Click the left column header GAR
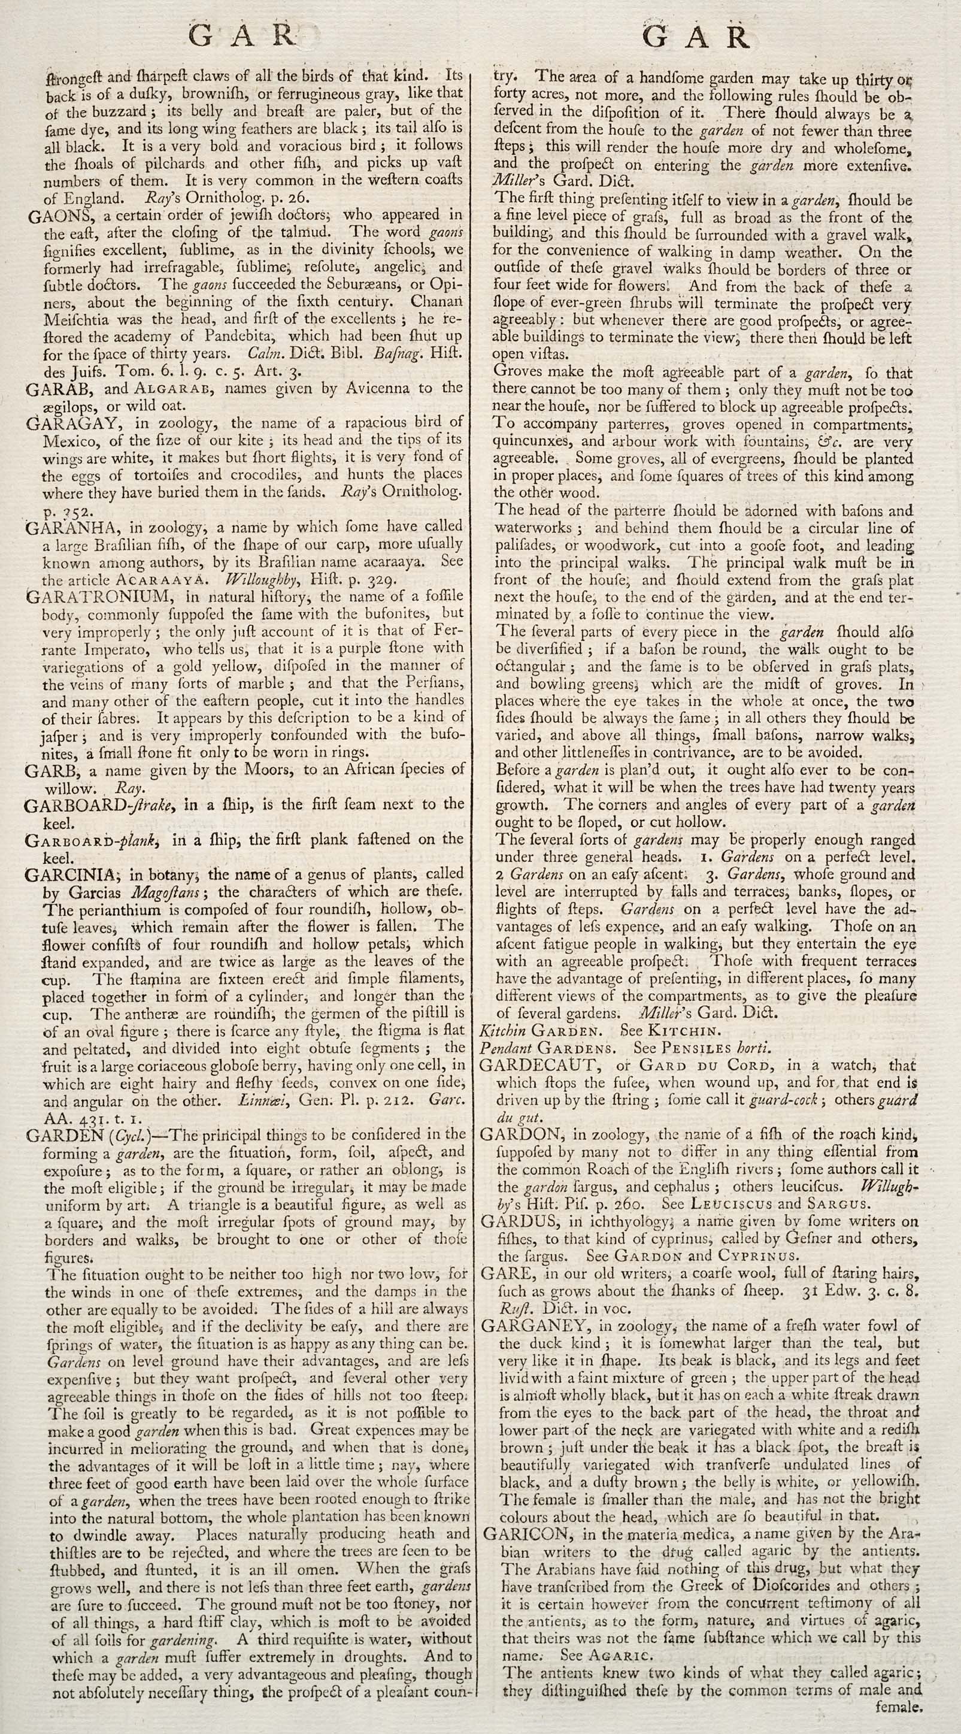[x=242, y=37]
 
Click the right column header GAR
[x=696, y=38]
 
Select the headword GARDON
[x=517, y=1134]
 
